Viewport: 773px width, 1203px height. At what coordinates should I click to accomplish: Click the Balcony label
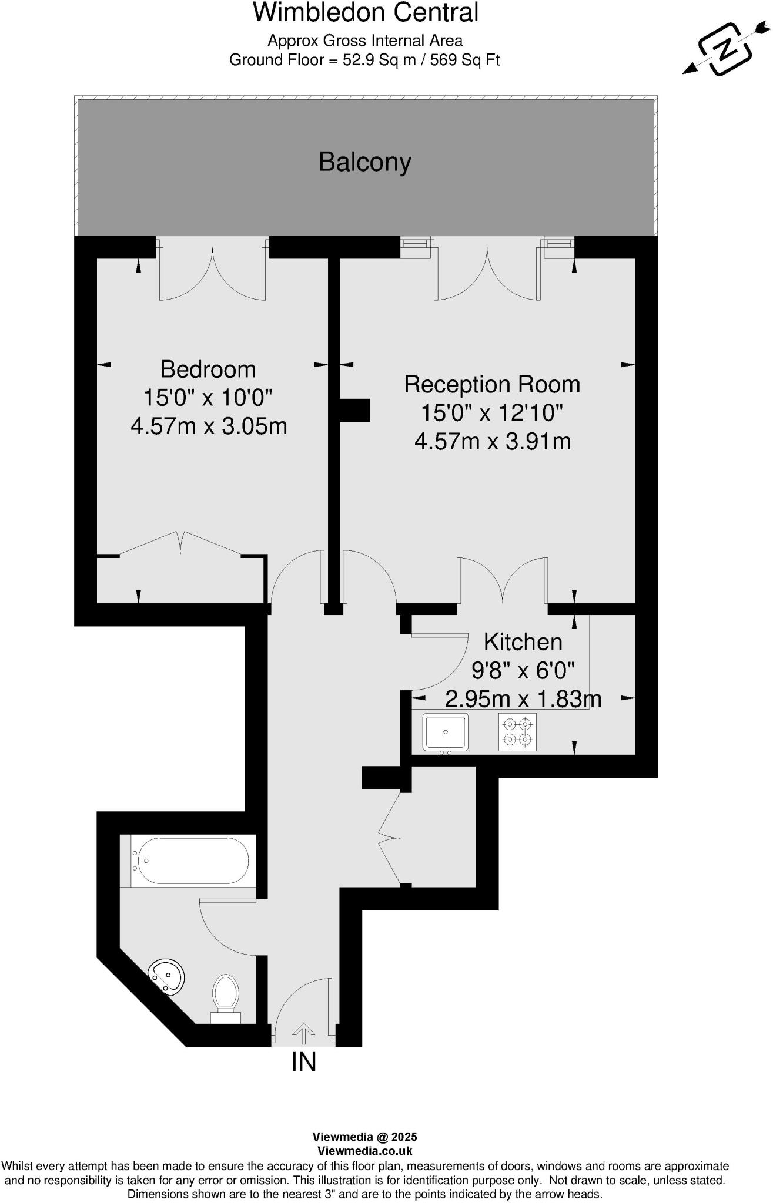click(364, 162)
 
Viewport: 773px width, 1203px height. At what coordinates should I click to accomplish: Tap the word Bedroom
click(208, 369)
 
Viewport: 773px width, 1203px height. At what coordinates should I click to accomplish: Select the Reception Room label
click(492, 385)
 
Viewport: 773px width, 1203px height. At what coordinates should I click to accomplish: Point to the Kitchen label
click(523, 642)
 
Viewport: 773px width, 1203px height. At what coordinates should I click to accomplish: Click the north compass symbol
click(726, 50)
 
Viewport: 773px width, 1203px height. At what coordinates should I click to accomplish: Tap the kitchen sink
click(446, 732)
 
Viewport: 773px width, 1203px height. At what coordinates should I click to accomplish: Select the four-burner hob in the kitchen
click(517, 732)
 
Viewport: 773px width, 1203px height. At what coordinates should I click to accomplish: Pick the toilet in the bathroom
click(226, 995)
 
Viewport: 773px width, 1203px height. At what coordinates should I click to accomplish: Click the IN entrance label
click(304, 1062)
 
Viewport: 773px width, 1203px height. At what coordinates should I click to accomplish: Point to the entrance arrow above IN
click(304, 1033)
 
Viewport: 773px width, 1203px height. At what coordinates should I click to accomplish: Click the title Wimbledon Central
click(366, 13)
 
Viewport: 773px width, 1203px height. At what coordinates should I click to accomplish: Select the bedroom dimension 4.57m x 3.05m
click(209, 426)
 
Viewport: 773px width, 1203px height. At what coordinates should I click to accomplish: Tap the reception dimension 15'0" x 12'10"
click(491, 413)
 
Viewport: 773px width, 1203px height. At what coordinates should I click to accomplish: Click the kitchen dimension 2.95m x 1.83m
click(523, 699)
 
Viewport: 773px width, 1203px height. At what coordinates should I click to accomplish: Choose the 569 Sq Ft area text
click(465, 60)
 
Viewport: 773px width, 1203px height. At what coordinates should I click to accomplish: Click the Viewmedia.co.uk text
click(364, 1151)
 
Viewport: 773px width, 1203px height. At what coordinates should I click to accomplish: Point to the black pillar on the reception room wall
click(355, 410)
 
